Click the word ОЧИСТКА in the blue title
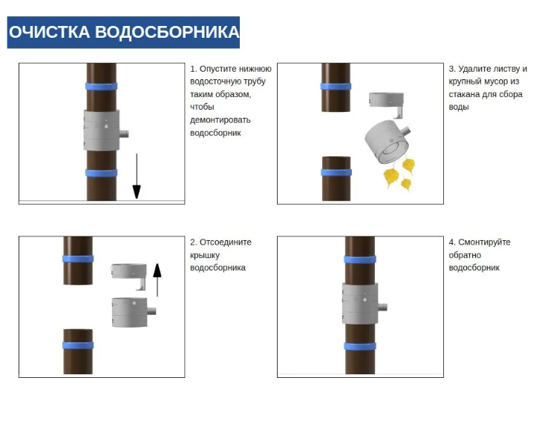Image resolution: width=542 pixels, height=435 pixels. pyautogui.click(x=50, y=32)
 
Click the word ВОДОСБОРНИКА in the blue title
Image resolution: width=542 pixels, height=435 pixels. pyautogui.click(x=167, y=32)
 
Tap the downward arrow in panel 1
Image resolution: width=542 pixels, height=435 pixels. pyautogui.click(x=137, y=176)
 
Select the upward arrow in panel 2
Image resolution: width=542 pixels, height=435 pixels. pyautogui.click(x=157, y=280)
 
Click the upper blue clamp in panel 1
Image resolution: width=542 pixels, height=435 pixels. pyautogui.click(x=101, y=86)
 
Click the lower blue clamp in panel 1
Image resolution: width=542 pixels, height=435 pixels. pyautogui.click(x=101, y=173)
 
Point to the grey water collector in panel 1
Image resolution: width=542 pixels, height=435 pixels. pyautogui.click(x=102, y=130)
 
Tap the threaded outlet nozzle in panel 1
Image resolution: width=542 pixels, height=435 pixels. pyautogui.click(x=124, y=134)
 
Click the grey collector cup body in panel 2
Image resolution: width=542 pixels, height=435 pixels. pyautogui.click(x=130, y=312)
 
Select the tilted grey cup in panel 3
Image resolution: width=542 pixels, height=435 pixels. pyautogui.click(x=387, y=141)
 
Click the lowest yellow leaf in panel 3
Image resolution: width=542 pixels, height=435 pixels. pyautogui.click(x=406, y=184)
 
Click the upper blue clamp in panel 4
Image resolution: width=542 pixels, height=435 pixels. pyautogui.click(x=360, y=259)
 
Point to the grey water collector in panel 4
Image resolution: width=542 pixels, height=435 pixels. pyautogui.click(x=360, y=303)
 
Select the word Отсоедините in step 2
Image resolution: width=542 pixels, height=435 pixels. pyautogui.click(x=226, y=242)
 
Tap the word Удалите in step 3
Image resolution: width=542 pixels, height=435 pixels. pyautogui.click(x=471, y=69)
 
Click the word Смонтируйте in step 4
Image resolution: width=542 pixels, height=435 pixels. pyautogui.click(x=484, y=242)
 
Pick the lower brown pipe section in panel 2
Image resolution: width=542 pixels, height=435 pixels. pyautogui.click(x=78, y=351)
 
